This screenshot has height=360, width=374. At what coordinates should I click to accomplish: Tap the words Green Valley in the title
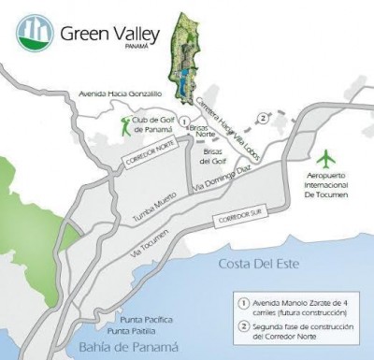point(100,34)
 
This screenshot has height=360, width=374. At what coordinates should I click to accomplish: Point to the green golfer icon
point(125,125)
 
